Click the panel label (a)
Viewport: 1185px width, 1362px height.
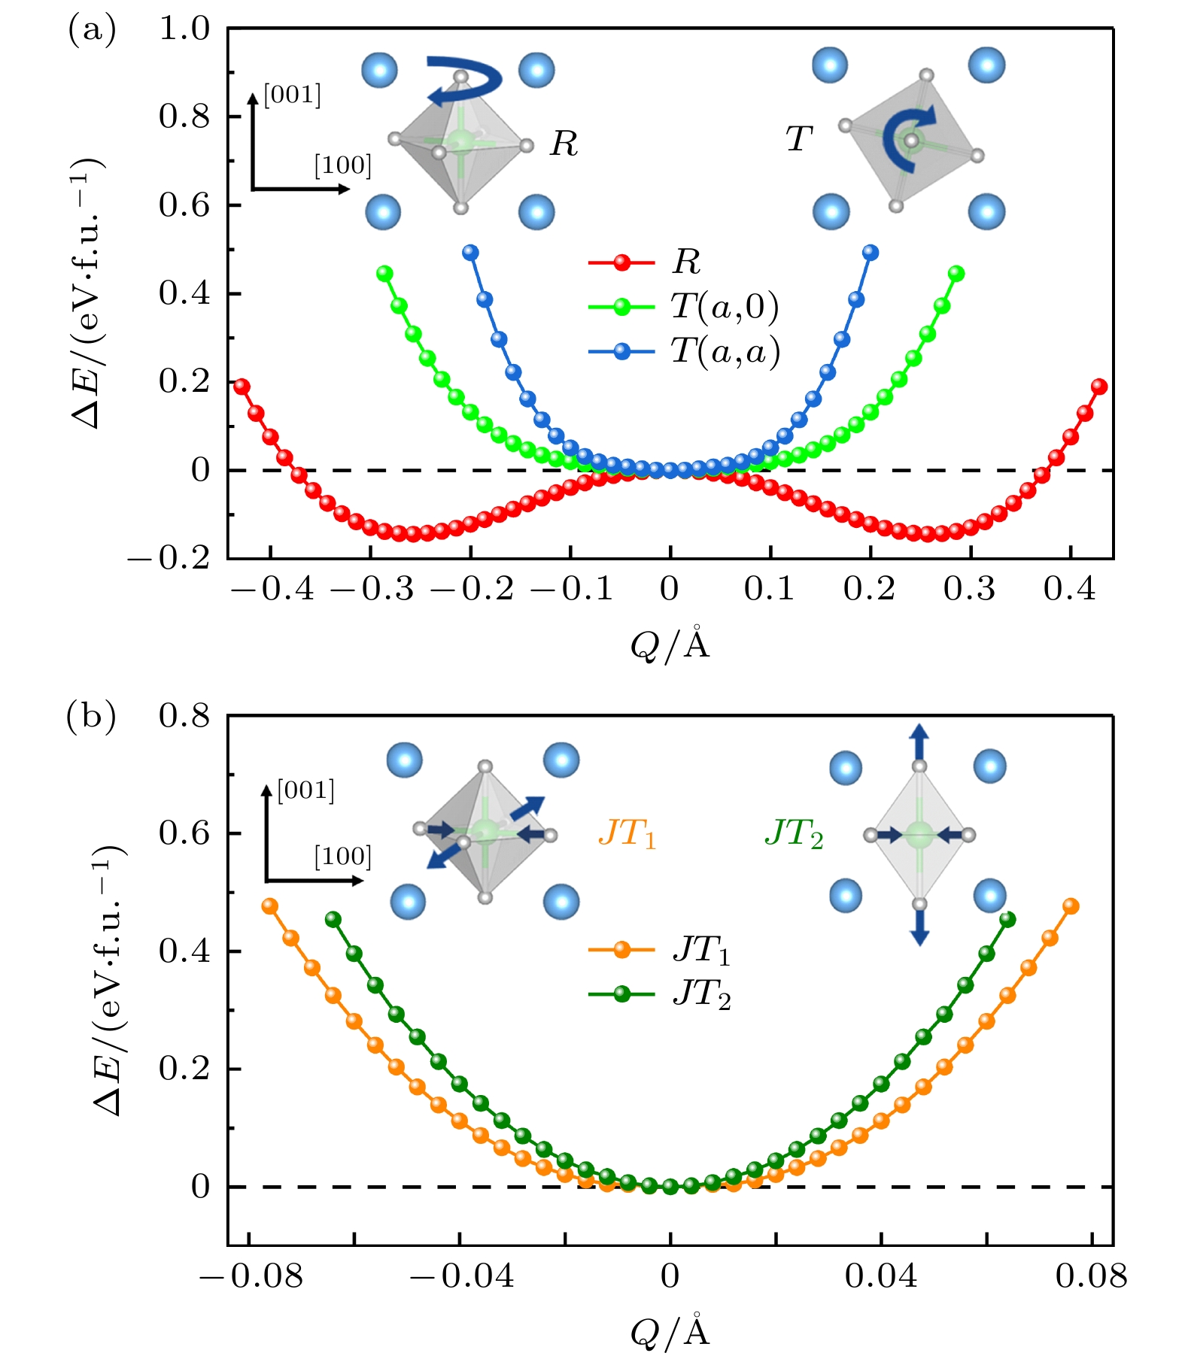[x=92, y=31]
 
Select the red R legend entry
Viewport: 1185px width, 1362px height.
[x=645, y=262]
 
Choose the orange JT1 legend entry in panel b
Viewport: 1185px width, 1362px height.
[x=660, y=951]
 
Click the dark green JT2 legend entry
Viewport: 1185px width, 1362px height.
[x=660, y=995]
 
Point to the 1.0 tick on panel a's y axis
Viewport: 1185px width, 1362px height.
[x=184, y=29]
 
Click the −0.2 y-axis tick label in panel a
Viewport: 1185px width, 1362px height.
[x=169, y=559]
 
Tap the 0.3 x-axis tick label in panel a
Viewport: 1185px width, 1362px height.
[x=969, y=589]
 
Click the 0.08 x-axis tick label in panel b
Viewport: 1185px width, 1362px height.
[x=1091, y=1276]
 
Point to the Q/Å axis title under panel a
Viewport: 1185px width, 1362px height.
[x=670, y=644]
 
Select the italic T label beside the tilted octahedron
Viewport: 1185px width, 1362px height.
[x=799, y=138]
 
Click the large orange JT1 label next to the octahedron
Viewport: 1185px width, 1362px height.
[x=627, y=833]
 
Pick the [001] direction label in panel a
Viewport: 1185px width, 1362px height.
[x=292, y=96]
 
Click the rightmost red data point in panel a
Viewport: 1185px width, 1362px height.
[x=1099, y=387]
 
